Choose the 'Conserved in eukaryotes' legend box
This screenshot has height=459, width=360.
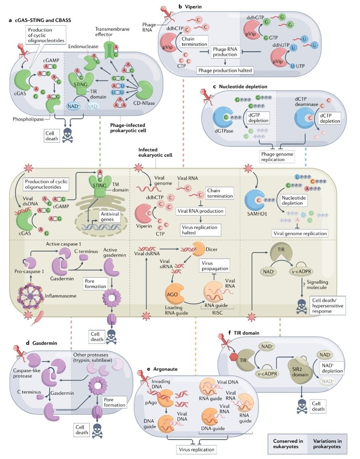(286, 444)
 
